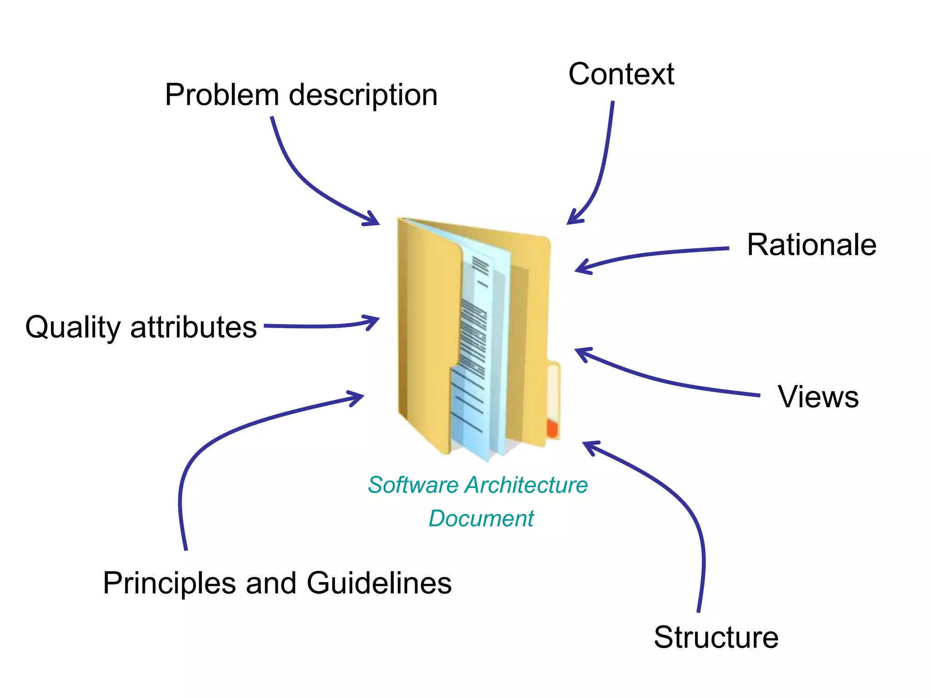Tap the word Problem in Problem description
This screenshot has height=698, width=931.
222,95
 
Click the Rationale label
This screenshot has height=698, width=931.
811,245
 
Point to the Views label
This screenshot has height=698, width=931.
818,397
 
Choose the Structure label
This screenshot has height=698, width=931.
716,637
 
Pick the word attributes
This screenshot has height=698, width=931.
193,327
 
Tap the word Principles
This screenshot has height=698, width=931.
169,583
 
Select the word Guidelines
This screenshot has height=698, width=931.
379,583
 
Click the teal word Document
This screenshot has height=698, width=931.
481,519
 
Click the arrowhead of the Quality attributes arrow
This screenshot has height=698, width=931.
375,319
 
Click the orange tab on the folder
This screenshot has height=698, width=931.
552,428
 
